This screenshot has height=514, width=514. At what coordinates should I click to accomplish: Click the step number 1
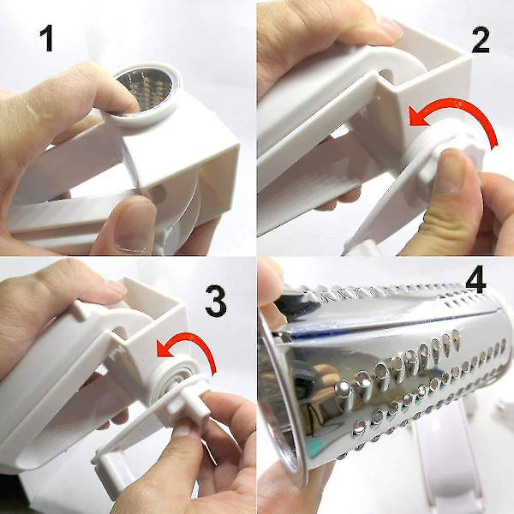pyautogui.click(x=47, y=39)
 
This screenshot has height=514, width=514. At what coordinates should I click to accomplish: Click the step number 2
pyautogui.click(x=481, y=40)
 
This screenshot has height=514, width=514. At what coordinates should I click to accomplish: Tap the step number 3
pyautogui.click(x=216, y=302)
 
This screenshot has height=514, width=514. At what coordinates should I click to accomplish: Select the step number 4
pyautogui.click(x=475, y=279)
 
